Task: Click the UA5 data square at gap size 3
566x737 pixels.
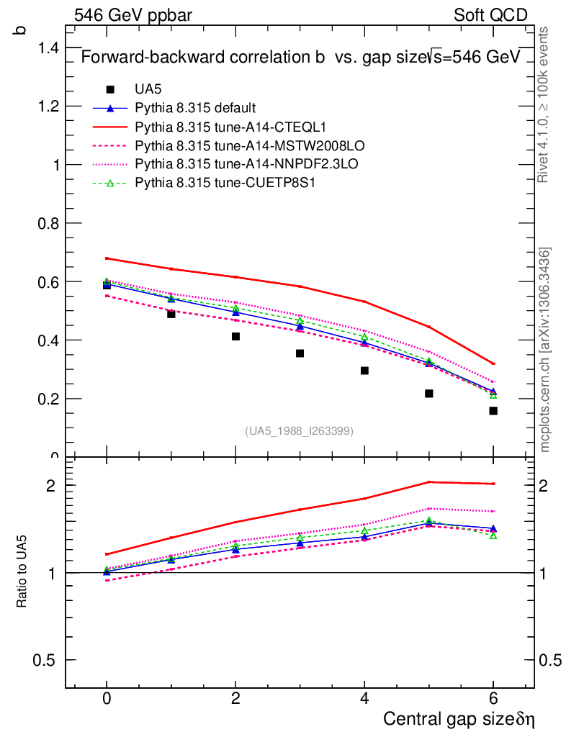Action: pos(300,353)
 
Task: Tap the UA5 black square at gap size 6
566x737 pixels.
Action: pos(493,411)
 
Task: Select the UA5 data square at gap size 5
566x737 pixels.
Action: pos(428,394)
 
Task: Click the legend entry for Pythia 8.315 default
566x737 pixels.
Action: pos(195,109)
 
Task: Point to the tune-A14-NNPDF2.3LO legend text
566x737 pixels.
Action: pos(246,165)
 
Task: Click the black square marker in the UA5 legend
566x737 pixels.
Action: pos(110,90)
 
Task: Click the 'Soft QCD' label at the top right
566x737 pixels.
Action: pos(490,15)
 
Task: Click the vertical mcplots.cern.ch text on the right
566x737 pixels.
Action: pos(545,350)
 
